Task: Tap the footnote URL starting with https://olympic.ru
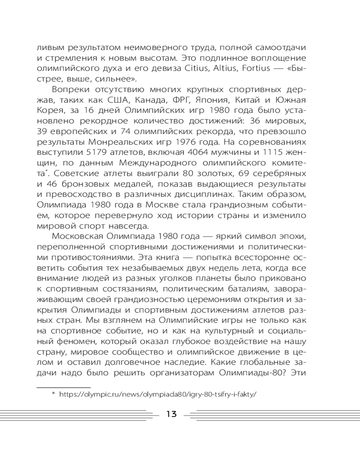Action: pyautogui.click(x=158, y=394)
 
